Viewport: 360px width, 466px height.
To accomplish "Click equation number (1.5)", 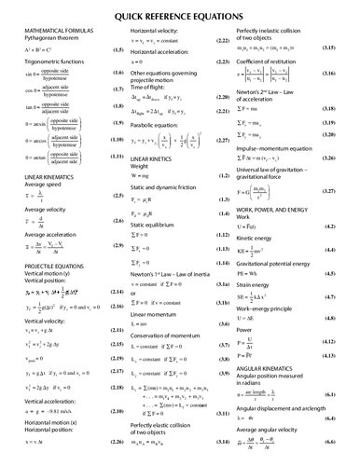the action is point(117,51).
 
